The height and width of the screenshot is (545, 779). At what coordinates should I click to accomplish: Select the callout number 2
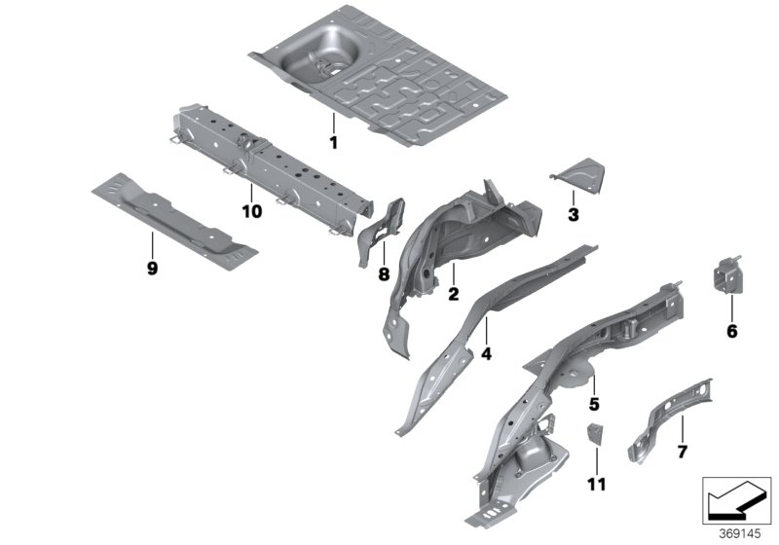coord(453,293)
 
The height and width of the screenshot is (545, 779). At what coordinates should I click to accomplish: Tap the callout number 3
coord(573,213)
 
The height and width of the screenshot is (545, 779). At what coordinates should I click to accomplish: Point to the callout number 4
coord(486,355)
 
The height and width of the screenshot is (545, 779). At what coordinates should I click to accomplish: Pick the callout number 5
coord(592,400)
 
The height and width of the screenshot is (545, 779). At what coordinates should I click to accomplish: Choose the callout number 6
coord(731,331)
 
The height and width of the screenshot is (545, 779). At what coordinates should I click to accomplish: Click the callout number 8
coord(384,274)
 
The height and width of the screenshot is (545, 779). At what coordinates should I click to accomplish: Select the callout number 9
coord(152,269)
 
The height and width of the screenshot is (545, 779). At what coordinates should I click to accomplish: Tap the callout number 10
coord(251,211)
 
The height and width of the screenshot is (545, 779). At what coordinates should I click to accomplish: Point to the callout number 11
coord(595,483)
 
